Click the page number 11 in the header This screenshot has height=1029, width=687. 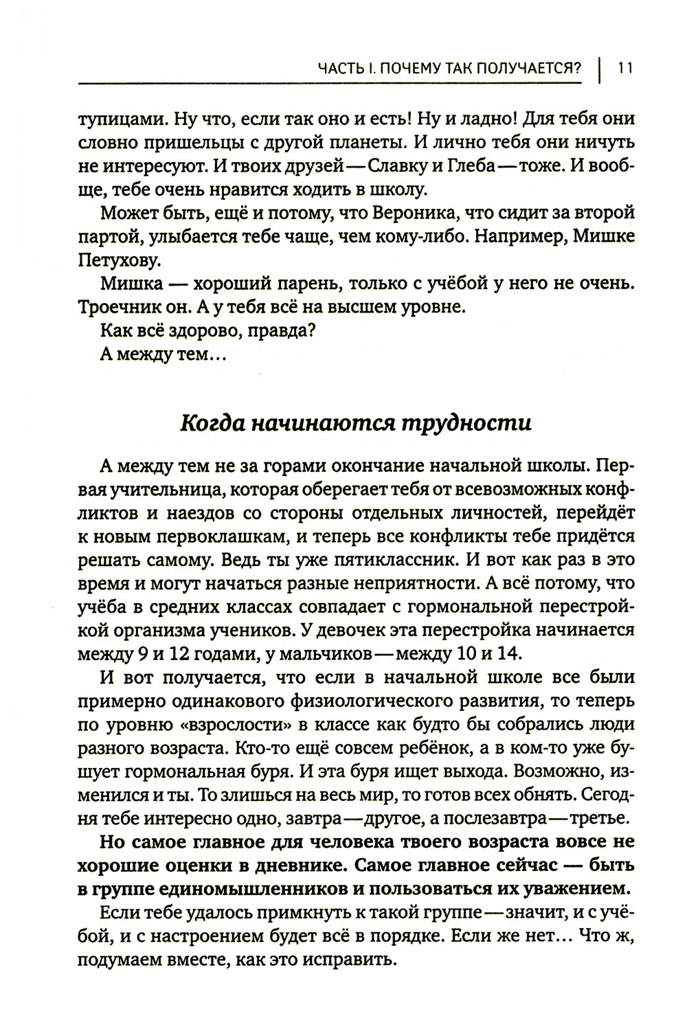[x=624, y=67]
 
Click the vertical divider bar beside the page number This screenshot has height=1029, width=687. [x=600, y=67]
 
